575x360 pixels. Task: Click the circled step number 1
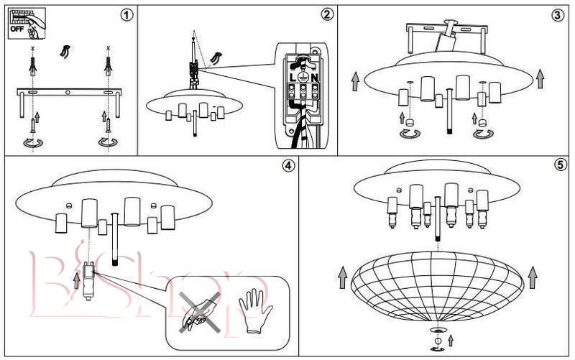click(128, 15)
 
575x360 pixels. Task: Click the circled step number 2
click(327, 15)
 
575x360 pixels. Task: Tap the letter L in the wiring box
click(294, 77)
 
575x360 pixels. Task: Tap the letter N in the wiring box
click(313, 77)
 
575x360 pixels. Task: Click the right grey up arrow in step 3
click(540, 80)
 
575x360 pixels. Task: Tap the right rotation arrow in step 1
click(107, 143)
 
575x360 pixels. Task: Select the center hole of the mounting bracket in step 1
click(68, 93)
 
